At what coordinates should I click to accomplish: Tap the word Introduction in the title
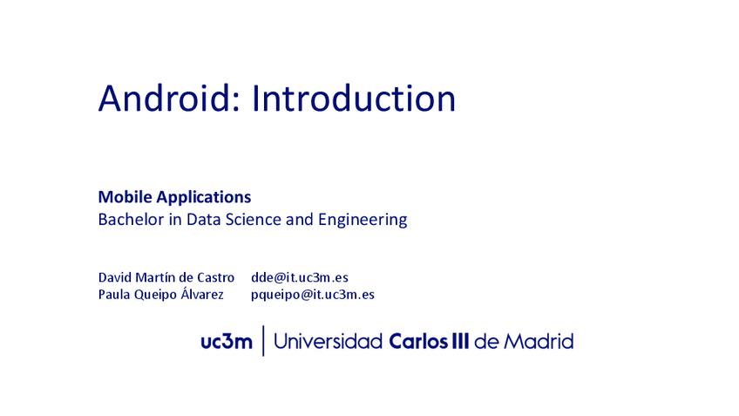tap(354, 99)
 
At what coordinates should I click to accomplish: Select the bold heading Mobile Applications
tap(174, 197)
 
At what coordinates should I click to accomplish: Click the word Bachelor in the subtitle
tap(129, 220)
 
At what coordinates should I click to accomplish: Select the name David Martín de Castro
tap(166, 277)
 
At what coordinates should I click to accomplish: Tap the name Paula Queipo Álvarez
tap(160, 295)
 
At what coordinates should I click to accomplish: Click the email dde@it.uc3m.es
tap(300, 277)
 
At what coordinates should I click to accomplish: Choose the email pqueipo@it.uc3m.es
tap(313, 295)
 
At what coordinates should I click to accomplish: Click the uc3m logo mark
tap(226, 342)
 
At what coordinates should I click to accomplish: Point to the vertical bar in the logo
tap(263, 341)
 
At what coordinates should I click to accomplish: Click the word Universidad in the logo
tap(328, 342)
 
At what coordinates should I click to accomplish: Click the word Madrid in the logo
tap(538, 342)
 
